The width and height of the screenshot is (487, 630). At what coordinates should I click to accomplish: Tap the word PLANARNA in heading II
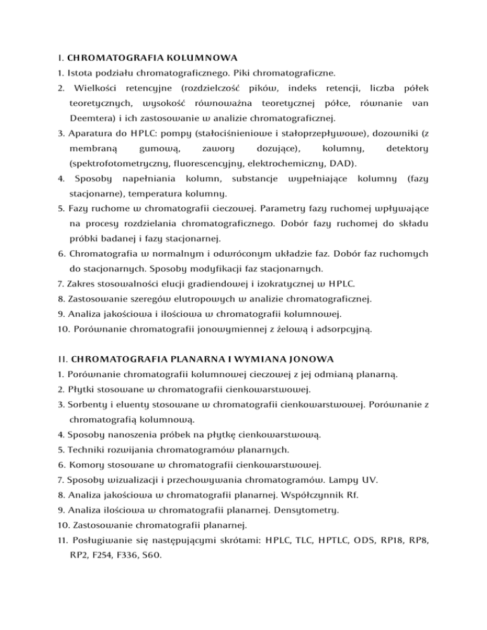(183, 359)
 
